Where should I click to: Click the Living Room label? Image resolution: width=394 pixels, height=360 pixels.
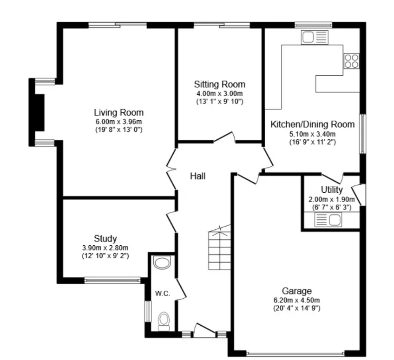(x=119, y=112)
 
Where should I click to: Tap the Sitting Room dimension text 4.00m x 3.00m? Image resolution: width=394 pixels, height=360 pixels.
(x=220, y=94)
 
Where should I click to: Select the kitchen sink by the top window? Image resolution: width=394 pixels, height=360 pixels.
(x=315, y=38)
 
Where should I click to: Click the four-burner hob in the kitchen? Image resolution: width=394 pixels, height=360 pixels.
(x=351, y=61)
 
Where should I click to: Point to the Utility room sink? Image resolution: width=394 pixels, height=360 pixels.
(x=328, y=219)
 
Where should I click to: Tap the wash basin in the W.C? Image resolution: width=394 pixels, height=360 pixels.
(x=162, y=262)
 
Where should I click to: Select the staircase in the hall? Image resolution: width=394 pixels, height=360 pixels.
(x=219, y=248)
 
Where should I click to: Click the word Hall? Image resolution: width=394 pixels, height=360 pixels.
(x=198, y=176)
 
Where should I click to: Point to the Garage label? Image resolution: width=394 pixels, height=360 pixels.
(x=297, y=291)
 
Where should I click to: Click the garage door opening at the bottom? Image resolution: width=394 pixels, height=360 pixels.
(x=295, y=353)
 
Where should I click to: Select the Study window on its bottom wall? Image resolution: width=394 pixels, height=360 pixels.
(x=112, y=281)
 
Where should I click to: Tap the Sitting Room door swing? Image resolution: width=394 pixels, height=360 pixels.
(x=224, y=137)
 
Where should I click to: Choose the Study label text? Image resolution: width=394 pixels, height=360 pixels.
(x=105, y=238)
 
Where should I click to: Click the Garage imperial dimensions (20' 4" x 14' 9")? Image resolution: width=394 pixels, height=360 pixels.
(x=297, y=308)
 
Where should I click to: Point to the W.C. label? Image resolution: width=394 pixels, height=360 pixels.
(x=163, y=293)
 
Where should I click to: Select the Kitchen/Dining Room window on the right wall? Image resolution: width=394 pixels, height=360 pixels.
(x=362, y=134)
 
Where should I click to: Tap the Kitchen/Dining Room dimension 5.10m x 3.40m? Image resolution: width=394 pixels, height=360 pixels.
(x=312, y=134)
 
